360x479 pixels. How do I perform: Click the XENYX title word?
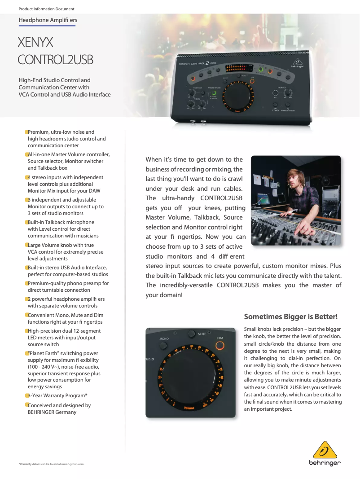click(35, 43)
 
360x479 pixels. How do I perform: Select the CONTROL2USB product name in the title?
click(55, 60)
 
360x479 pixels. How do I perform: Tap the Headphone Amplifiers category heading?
click(48, 20)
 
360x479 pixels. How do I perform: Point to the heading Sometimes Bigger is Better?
click(290, 316)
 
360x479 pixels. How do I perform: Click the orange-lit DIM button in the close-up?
click(220, 345)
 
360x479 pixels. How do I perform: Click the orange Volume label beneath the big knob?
click(189, 408)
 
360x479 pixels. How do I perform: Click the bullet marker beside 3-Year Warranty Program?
click(26, 396)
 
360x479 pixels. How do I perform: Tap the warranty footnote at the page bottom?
click(51, 464)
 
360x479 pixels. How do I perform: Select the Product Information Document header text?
click(47, 9)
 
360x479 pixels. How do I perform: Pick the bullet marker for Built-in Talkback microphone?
click(26, 222)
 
